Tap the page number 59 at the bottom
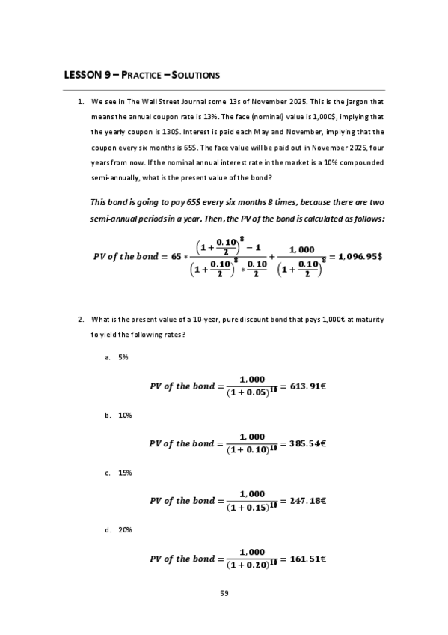224,594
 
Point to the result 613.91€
309,386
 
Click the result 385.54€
310,443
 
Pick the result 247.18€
310,500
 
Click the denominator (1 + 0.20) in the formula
248,565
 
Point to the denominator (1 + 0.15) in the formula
248,508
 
